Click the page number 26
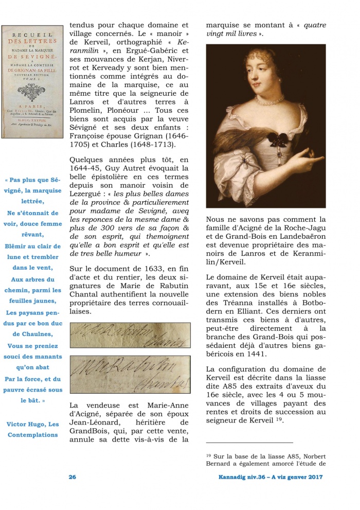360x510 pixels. (73, 477)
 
